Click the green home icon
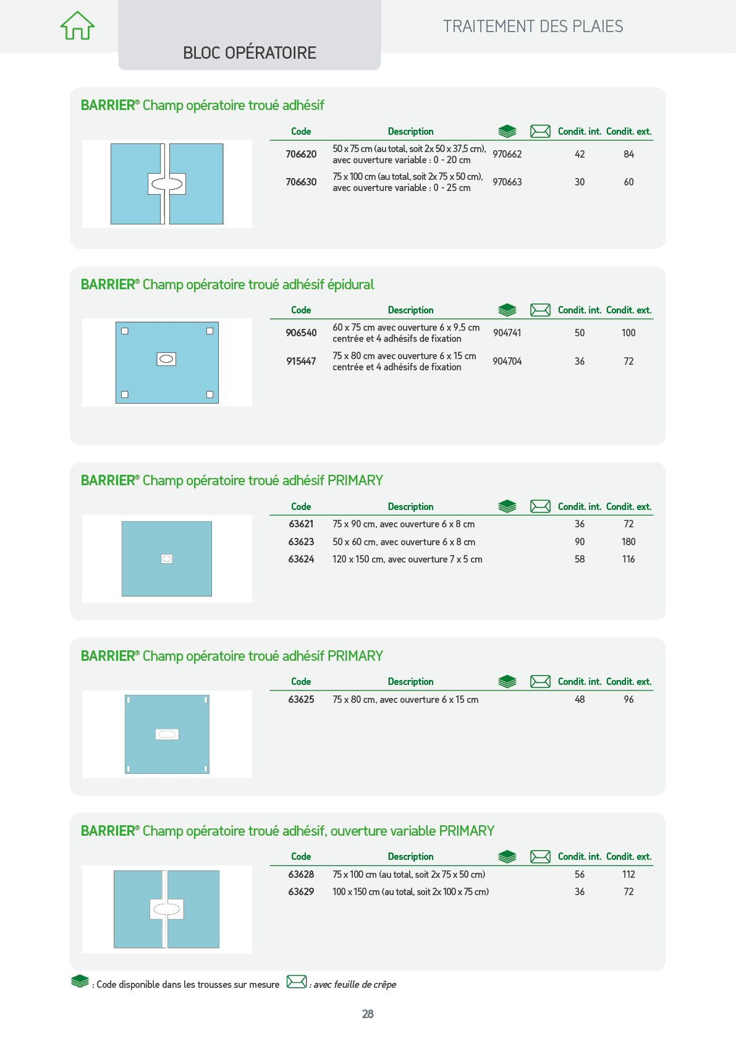tap(77, 26)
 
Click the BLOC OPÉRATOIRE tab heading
tap(250, 53)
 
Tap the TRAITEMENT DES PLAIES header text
tap(533, 27)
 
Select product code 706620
tap(301, 155)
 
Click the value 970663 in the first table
tap(507, 182)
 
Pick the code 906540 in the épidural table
tap(301, 333)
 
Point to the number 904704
tap(507, 361)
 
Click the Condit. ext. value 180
tap(628, 542)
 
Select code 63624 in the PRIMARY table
tap(301, 559)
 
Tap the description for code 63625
tap(405, 699)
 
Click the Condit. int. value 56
tap(580, 874)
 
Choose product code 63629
tap(301, 891)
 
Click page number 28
tap(368, 1014)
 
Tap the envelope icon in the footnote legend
tap(297, 982)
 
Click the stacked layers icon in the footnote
tap(80, 981)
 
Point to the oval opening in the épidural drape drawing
tap(166, 359)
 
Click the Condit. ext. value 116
tap(628, 559)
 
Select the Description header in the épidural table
tap(411, 310)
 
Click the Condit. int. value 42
tap(580, 155)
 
